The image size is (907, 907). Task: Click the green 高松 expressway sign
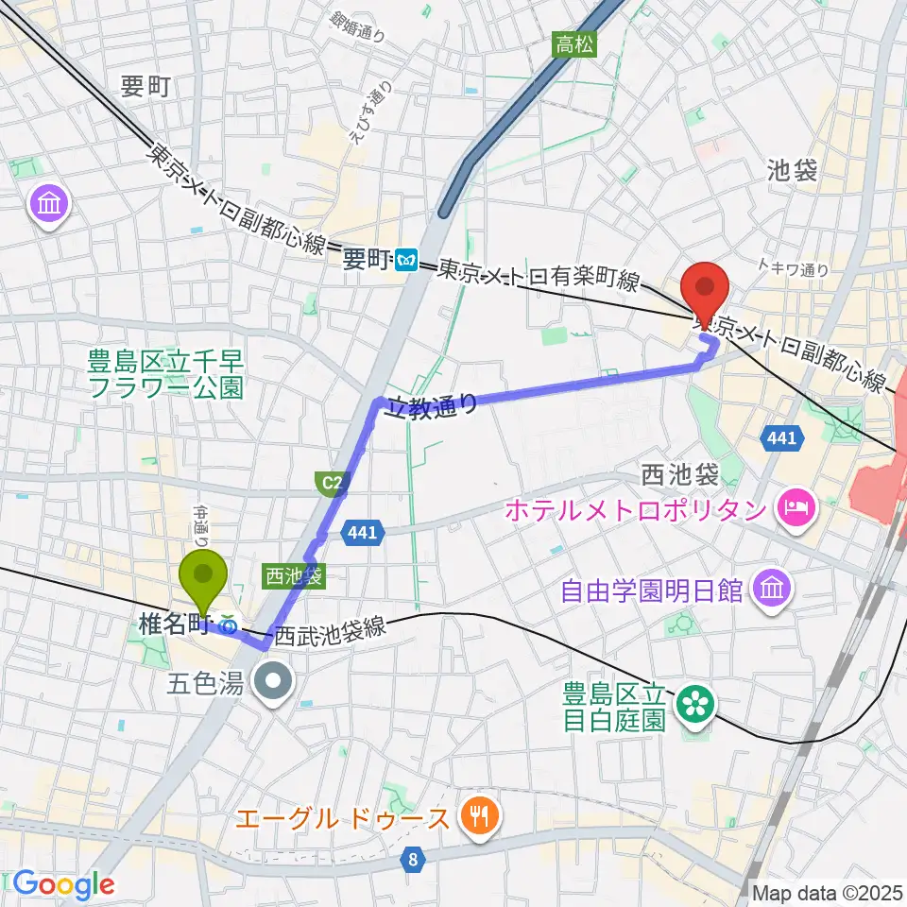pyautogui.click(x=574, y=43)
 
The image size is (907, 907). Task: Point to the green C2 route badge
pyautogui.click(x=330, y=485)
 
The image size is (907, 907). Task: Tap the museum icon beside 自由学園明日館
pyautogui.click(x=763, y=590)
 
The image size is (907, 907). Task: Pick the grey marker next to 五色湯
pyautogui.click(x=274, y=679)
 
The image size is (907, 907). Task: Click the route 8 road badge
pyautogui.click(x=413, y=860)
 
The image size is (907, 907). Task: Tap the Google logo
pyautogui.click(x=63, y=884)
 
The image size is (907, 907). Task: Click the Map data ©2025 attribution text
pyautogui.click(x=828, y=891)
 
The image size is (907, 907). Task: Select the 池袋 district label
pyautogui.click(x=791, y=171)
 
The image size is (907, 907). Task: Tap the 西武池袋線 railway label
pyautogui.click(x=331, y=630)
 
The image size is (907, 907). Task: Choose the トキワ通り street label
pyautogui.click(x=795, y=269)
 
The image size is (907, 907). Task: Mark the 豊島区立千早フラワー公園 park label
pyautogui.click(x=165, y=373)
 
